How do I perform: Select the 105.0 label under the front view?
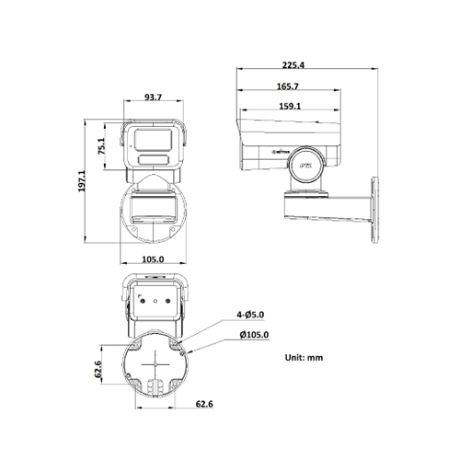point(153,259)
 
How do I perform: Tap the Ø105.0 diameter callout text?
point(254,336)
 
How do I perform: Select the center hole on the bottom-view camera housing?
point(155,299)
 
